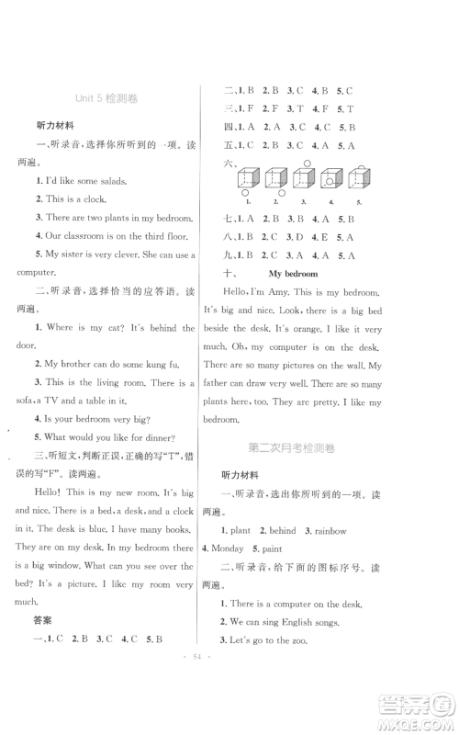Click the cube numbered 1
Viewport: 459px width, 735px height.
246,180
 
